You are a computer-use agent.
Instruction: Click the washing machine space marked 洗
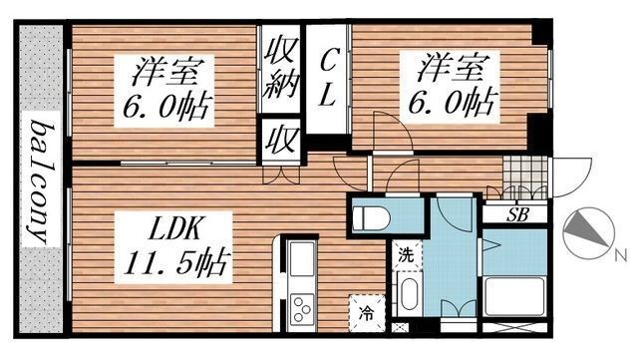[x=407, y=254]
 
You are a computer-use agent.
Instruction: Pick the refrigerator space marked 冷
[x=366, y=311]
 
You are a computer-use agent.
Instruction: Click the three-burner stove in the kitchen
[x=300, y=310]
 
